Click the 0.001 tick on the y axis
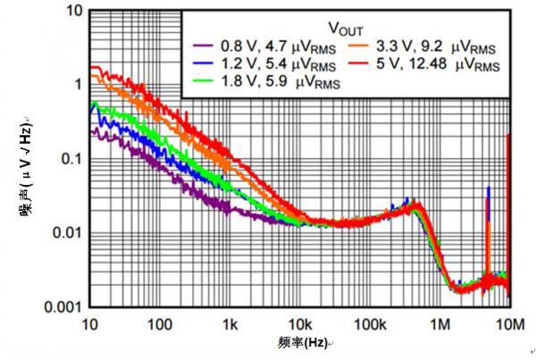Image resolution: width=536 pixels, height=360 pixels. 63,306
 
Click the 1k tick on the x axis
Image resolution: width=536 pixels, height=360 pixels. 230,322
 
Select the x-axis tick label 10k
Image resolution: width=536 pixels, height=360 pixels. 300,322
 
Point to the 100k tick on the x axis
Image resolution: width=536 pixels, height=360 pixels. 369,322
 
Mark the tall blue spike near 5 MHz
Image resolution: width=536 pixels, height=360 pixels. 488,192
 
